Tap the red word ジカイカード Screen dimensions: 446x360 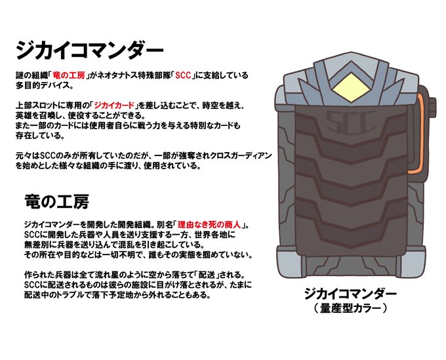pyautogui.click(x=115, y=106)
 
